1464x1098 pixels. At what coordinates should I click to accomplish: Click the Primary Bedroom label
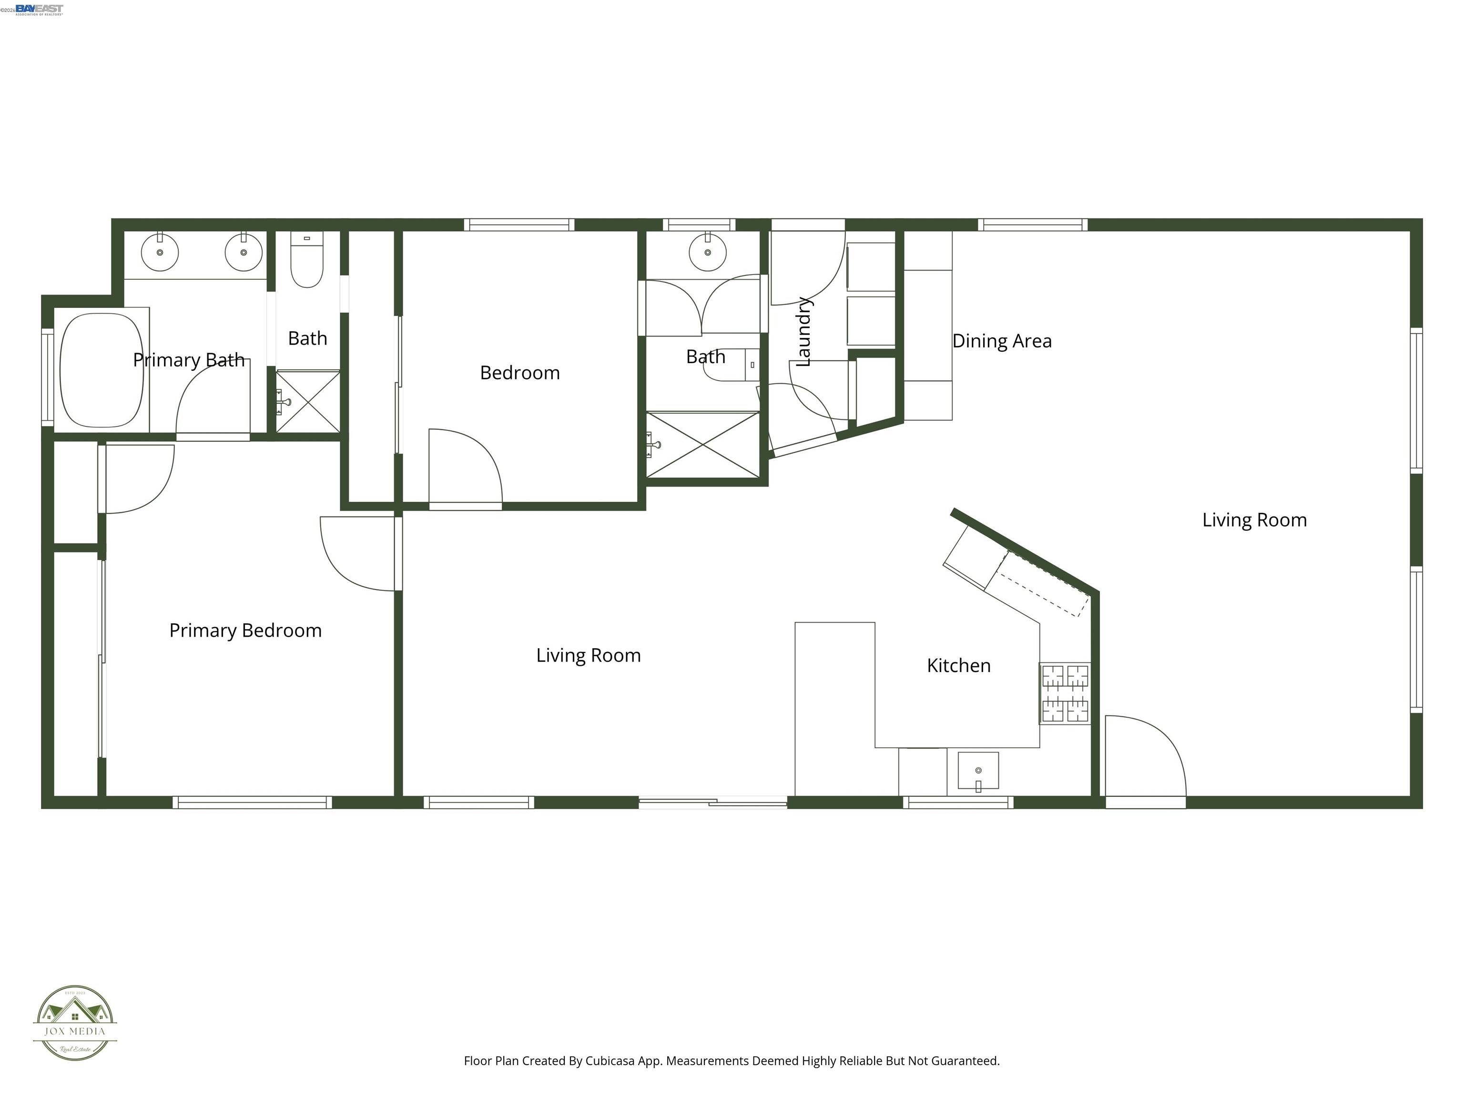click(x=245, y=630)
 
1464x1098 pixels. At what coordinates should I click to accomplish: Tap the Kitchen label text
click(x=958, y=665)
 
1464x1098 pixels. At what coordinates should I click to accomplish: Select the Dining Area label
click(x=1001, y=341)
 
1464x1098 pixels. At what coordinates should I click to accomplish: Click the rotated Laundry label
click(x=803, y=331)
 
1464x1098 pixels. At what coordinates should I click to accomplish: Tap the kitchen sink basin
click(x=978, y=771)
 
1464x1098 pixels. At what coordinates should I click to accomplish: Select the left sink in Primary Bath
click(x=160, y=252)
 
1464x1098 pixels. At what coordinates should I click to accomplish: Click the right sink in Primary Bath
click(x=244, y=252)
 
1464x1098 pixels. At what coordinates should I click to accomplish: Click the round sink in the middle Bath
click(x=708, y=252)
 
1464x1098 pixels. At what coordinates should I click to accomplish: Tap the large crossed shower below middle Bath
click(x=703, y=445)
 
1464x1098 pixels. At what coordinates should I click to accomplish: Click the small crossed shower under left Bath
click(x=308, y=402)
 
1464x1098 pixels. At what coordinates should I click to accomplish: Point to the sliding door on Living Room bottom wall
click(x=713, y=803)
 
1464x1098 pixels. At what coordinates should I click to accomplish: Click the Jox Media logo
click(x=75, y=1023)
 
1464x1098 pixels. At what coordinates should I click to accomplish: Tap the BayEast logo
click(x=39, y=9)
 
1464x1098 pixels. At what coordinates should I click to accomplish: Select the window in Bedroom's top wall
click(x=519, y=225)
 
